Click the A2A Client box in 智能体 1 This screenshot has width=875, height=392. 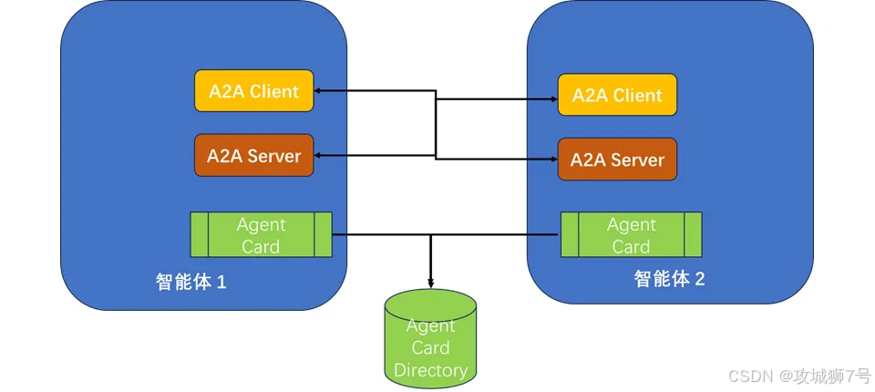[254, 90]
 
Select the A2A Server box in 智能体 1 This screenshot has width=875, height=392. [254, 155]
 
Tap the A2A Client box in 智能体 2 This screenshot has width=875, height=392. [617, 95]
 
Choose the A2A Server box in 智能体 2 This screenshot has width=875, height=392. [617, 160]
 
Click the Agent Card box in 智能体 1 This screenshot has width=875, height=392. [262, 234]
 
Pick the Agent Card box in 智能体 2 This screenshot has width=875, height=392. [631, 235]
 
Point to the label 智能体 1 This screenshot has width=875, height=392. [190, 282]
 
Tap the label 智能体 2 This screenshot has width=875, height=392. [669, 279]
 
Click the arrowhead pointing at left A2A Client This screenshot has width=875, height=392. [317, 90]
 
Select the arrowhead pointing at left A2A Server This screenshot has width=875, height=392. [317, 155]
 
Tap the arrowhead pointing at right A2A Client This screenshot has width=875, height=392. [554, 99]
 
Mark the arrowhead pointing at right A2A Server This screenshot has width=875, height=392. [554, 160]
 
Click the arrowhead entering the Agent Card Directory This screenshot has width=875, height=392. [430, 284]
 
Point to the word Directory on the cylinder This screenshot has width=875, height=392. [430, 369]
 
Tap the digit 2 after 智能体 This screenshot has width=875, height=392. [700, 279]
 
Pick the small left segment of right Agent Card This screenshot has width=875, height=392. [570, 235]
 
